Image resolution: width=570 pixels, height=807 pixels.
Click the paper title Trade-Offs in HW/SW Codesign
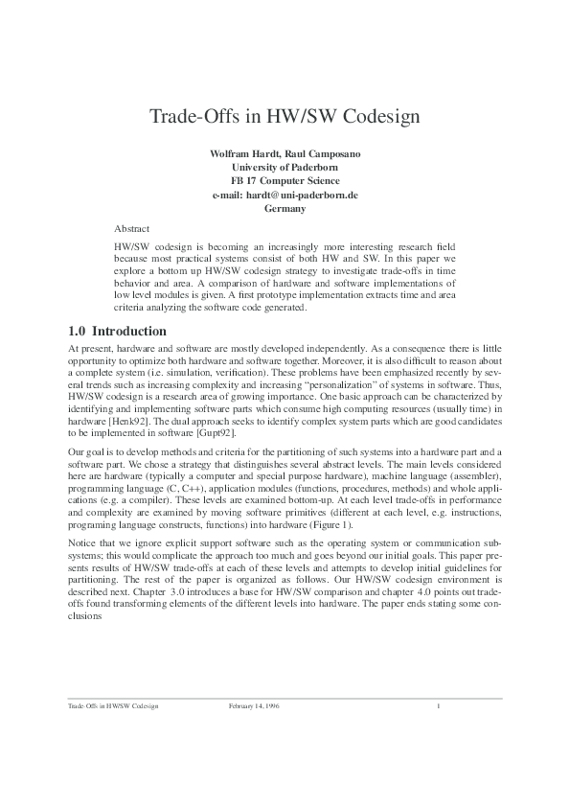(x=285, y=118)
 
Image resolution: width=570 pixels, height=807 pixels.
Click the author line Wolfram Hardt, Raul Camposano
(x=285, y=154)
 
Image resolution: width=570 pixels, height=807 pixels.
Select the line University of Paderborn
(x=285, y=168)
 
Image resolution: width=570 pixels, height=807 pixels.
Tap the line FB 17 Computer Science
(x=285, y=181)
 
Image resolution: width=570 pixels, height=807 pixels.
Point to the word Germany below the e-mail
(x=285, y=208)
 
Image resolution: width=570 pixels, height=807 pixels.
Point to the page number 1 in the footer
(x=437, y=706)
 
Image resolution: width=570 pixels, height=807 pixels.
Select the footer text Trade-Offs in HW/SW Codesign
(x=112, y=706)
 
